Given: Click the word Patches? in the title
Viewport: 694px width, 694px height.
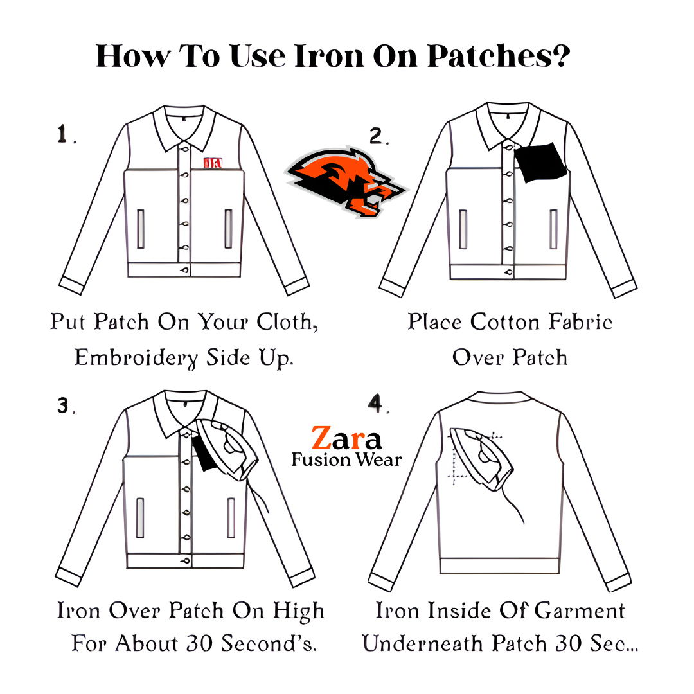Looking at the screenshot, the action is click(499, 56).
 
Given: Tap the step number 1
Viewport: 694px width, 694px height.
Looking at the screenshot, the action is click(62, 134).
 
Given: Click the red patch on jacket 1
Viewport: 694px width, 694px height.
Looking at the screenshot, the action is click(213, 163).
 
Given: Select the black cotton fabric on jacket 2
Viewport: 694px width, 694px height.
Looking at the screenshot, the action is click(540, 162).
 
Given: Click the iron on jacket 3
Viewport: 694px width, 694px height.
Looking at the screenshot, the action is click(227, 449).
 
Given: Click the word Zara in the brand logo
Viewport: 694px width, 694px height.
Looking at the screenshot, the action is click(346, 438).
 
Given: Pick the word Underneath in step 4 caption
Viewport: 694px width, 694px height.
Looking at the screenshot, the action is click(423, 643).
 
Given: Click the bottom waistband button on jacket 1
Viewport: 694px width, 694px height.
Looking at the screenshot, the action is click(184, 269).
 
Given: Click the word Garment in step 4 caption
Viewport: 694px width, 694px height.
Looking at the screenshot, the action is click(580, 611).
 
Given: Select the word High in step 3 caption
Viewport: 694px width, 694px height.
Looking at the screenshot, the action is click(298, 612).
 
